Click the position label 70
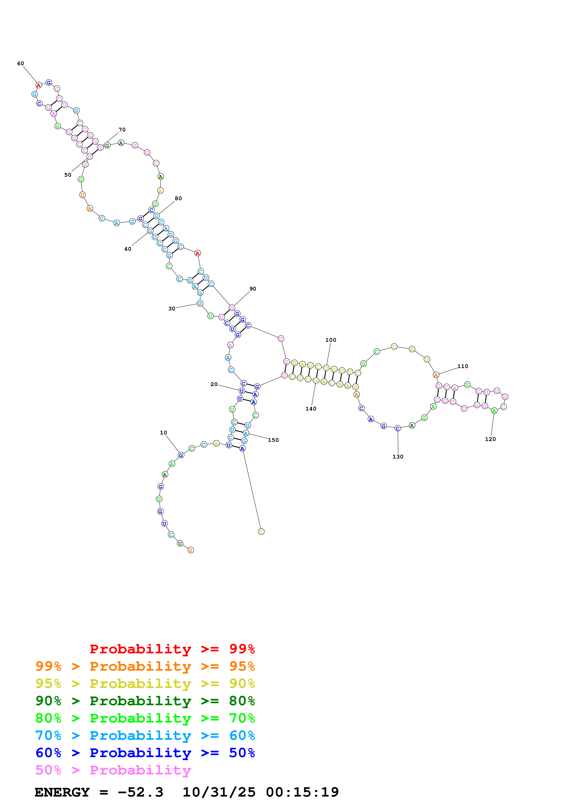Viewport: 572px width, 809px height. point(122,130)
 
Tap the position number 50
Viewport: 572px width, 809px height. point(68,175)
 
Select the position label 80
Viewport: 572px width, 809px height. point(178,198)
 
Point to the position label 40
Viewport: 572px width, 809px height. point(128,249)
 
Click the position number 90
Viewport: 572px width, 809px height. point(253,289)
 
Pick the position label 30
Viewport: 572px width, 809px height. point(172,308)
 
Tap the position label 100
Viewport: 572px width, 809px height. point(331,340)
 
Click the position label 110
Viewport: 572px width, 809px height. point(463,366)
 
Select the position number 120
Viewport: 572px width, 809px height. point(490,439)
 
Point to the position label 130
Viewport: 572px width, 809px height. point(398,457)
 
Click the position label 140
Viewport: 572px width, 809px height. point(311,409)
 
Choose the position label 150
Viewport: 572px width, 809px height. point(273,440)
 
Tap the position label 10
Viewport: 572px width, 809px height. point(164,433)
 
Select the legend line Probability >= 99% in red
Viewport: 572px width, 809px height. point(172,649)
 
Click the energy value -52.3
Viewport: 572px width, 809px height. point(140,792)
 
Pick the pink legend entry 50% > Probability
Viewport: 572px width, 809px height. point(113,770)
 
